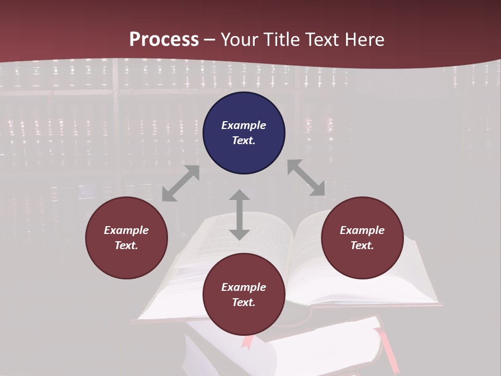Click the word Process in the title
point(164,40)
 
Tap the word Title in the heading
point(282,40)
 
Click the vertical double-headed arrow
point(239,215)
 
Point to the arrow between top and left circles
point(181,183)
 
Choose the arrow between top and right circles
point(306,178)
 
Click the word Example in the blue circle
point(244,125)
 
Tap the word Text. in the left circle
point(126,245)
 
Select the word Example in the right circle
point(362,230)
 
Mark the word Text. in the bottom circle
point(244,302)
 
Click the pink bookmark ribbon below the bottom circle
point(246,342)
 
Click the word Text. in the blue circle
point(244,140)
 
